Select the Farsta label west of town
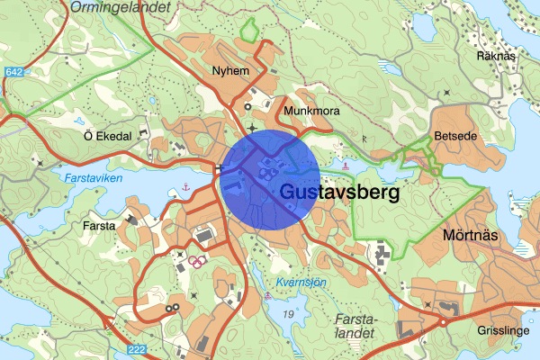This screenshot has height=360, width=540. pos(99,225)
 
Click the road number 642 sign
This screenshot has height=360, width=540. pos(14,72)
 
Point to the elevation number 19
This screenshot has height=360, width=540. pos(287,312)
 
